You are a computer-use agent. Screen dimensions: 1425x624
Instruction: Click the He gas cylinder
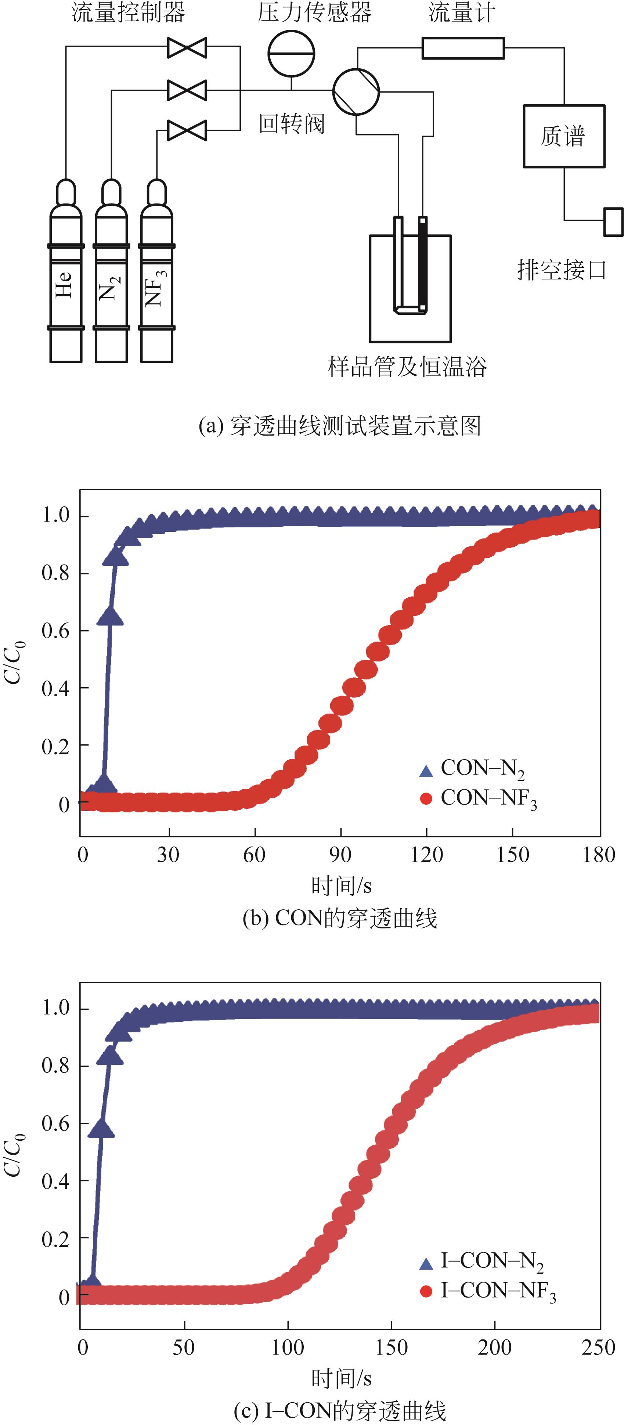tap(66, 282)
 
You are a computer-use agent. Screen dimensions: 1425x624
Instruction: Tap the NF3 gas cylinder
tap(156, 282)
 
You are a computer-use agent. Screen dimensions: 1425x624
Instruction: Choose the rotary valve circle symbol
tap(356, 92)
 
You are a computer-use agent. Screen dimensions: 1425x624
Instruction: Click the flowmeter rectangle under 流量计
tap(463, 48)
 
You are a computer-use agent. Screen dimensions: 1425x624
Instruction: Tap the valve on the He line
tap(187, 48)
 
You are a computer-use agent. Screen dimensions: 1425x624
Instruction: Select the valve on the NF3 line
tap(187, 130)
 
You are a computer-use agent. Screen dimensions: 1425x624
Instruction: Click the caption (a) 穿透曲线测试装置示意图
tap(340, 426)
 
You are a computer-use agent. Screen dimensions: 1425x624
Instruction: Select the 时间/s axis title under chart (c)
tap(341, 1378)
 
